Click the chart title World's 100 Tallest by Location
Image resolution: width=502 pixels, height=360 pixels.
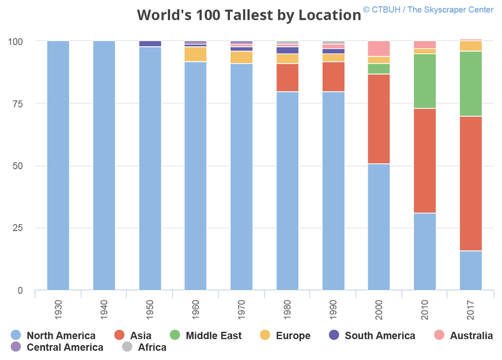[249, 15]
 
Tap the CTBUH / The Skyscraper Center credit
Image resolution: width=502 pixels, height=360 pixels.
[428, 10]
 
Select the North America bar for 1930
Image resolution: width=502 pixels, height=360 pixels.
[58, 165]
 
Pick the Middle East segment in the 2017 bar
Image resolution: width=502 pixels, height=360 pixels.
[471, 84]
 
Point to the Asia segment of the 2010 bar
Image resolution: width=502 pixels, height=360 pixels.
[425, 161]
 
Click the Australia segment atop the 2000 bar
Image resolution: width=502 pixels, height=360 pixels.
[379, 49]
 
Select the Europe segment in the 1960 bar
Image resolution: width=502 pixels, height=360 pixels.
[195, 54]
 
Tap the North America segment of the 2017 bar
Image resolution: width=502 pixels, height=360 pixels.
[471, 270]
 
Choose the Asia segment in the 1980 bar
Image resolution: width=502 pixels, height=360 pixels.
[287, 77]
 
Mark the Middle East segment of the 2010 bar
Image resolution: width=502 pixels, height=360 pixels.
[425, 81]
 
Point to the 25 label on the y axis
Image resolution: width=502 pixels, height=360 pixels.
[17, 228]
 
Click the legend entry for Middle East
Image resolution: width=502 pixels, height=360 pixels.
[213, 335]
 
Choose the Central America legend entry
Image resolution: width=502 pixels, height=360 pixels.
[65, 347]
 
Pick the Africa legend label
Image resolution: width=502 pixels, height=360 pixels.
[152, 347]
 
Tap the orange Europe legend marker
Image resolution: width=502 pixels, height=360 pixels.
[265, 335]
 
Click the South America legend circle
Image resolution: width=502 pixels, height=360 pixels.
[334, 335]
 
